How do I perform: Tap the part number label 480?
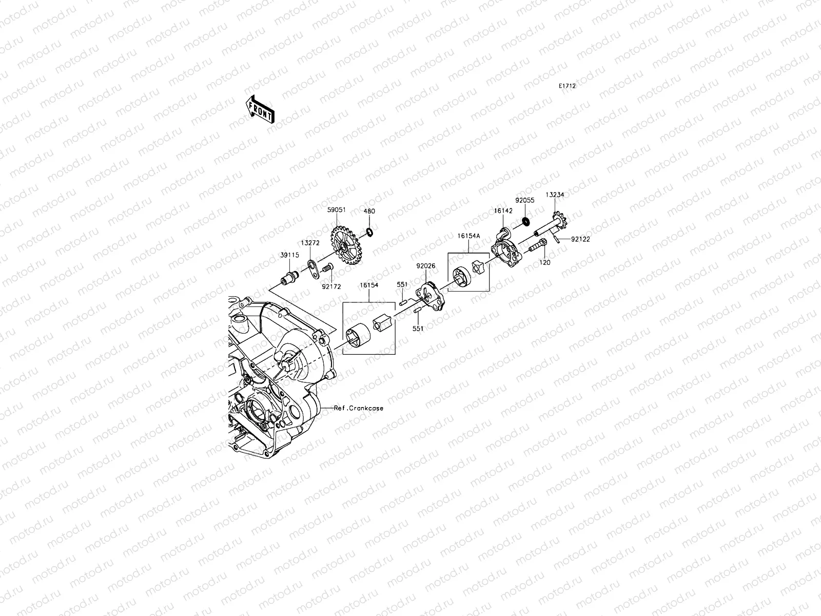click(x=369, y=211)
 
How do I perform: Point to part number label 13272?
click(x=309, y=243)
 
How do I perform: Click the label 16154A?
click(x=469, y=236)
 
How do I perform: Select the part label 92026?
click(x=426, y=266)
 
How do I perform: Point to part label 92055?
click(x=525, y=201)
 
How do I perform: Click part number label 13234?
click(x=555, y=195)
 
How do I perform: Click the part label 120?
click(x=545, y=262)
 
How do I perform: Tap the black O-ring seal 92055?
click(x=525, y=221)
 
